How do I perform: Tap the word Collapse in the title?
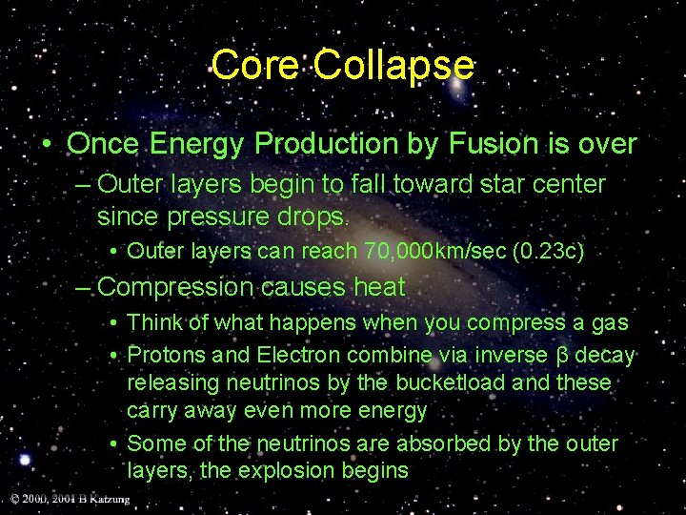tap(393, 65)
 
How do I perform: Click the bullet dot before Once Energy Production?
tap(46, 145)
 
